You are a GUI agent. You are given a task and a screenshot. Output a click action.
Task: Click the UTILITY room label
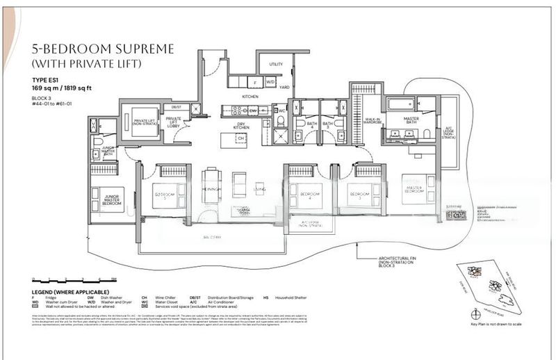click(x=276, y=64)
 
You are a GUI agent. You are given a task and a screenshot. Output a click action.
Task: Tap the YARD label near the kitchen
click(x=284, y=88)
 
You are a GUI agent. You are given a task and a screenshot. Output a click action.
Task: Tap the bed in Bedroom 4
click(x=304, y=193)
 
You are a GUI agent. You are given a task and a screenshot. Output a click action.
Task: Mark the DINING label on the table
click(x=211, y=189)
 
